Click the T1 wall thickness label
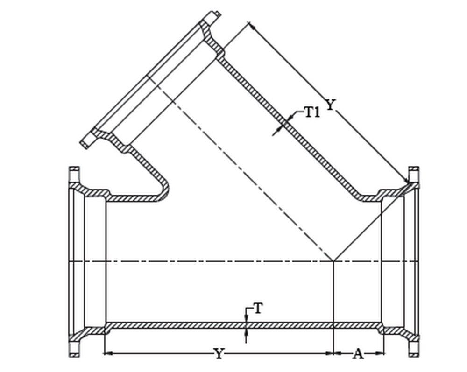(x=312, y=112)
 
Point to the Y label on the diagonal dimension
(x=330, y=105)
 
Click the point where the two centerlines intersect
(x=333, y=261)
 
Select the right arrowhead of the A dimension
(x=381, y=353)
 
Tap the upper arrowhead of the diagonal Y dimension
(x=251, y=26)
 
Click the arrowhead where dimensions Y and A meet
(x=333, y=353)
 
